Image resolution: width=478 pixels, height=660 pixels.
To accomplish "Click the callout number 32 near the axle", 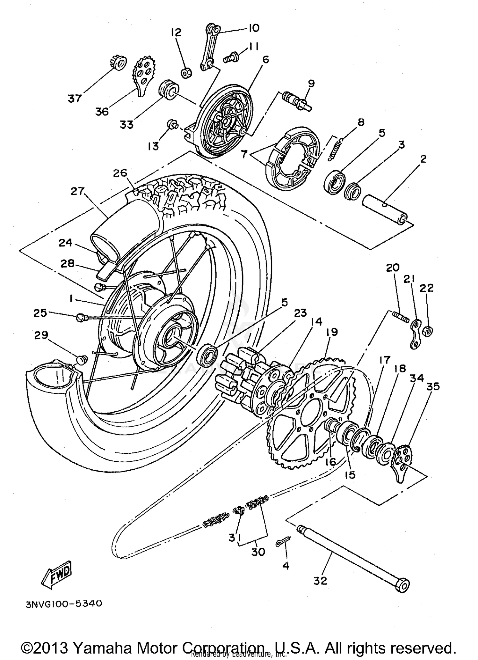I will point(320,581).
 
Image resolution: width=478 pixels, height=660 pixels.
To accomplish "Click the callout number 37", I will point(75,99).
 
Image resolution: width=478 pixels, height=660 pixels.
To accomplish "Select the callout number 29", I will point(41,335).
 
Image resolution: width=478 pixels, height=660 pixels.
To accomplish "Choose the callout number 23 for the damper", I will point(300,313).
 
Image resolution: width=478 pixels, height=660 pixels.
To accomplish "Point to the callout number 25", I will point(40,313).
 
